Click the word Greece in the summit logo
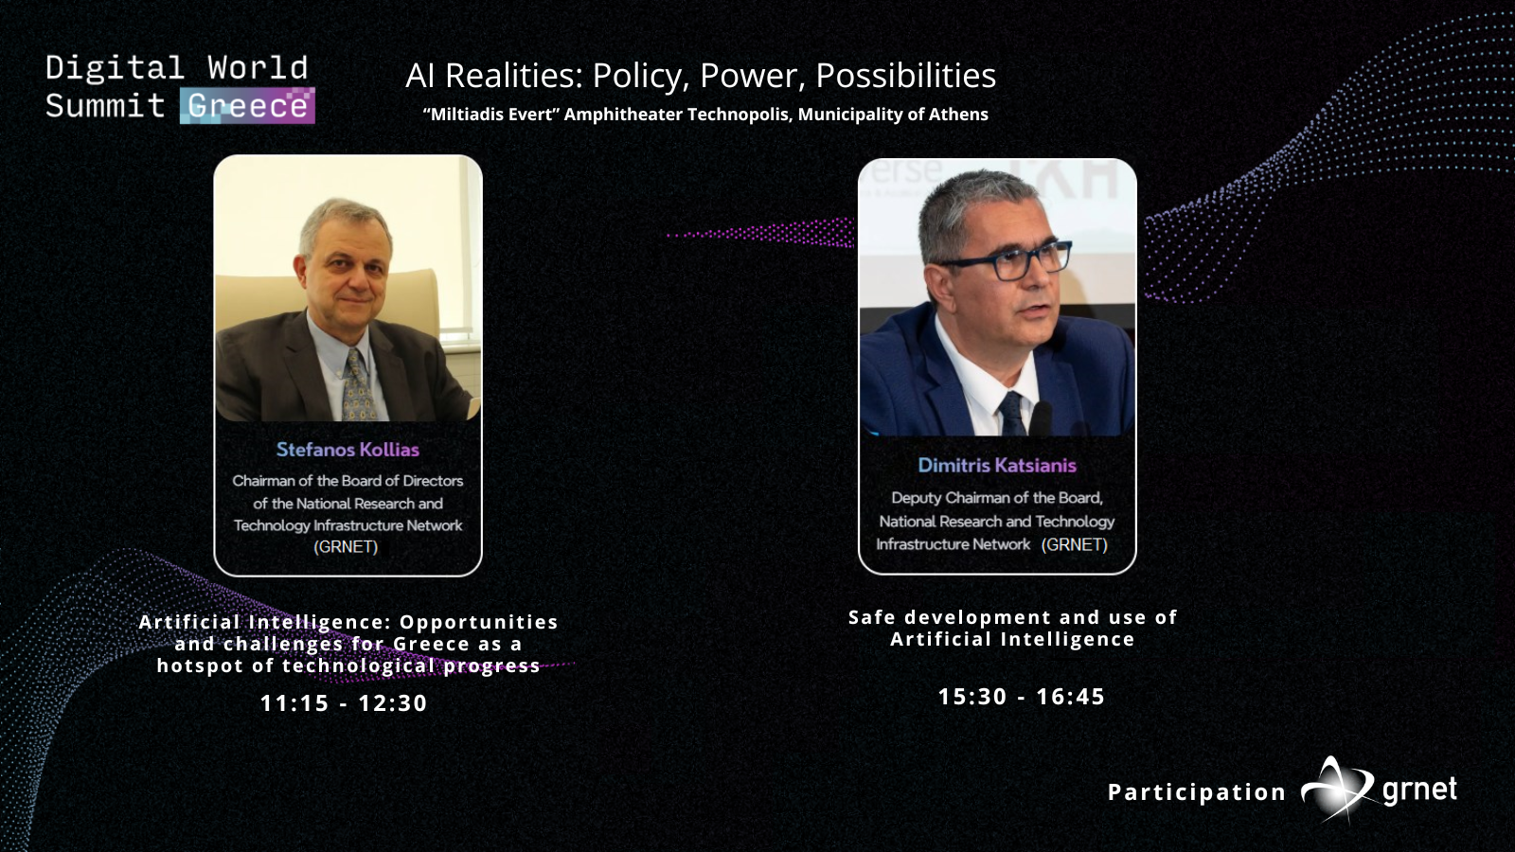pos(247,106)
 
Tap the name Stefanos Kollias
pos(348,450)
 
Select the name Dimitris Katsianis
pos(997,465)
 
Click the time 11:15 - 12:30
pos(344,703)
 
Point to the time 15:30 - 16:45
pos(1022,697)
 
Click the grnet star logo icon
pos(1337,790)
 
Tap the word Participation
pos(1197,792)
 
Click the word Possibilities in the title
pos(905,75)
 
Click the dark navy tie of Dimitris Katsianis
pos(1012,413)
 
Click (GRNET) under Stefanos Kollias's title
pos(346,546)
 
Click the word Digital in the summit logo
pos(115,69)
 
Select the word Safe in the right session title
pos(872,617)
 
